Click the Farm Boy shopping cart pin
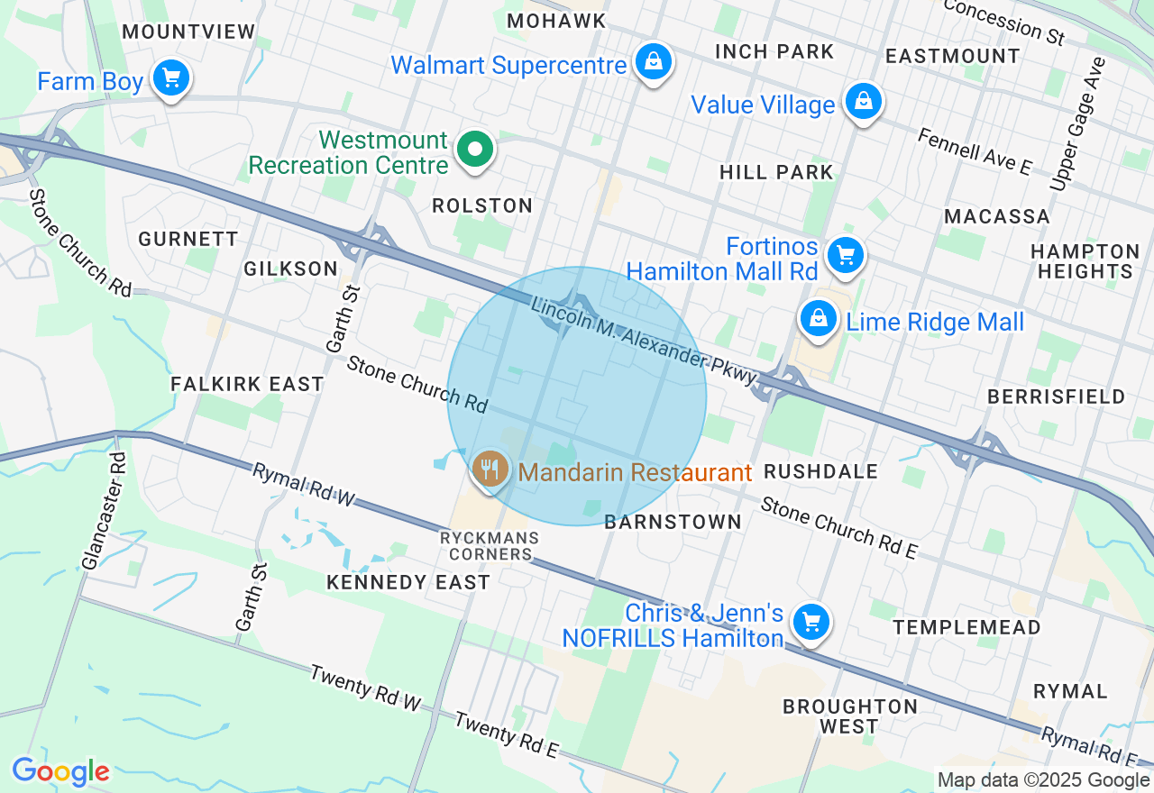point(170,78)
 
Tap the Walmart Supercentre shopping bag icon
point(651,62)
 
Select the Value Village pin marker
point(863,101)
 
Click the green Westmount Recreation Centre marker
point(474,150)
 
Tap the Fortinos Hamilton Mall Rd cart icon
point(845,255)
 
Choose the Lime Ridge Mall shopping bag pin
point(819,319)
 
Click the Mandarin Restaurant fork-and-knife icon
point(490,469)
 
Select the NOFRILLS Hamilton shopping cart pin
point(811,622)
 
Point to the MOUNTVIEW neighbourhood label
point(189,32)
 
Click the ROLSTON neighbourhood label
point(482,205)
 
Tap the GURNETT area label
point(188,239)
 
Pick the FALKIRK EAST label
point(247,384)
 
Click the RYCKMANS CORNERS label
point(490,546)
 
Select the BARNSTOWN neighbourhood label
point(673,522)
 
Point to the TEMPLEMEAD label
point(966,626)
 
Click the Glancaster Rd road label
point(105,511)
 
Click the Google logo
point(60,772)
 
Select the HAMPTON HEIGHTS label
point(1085,261)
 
